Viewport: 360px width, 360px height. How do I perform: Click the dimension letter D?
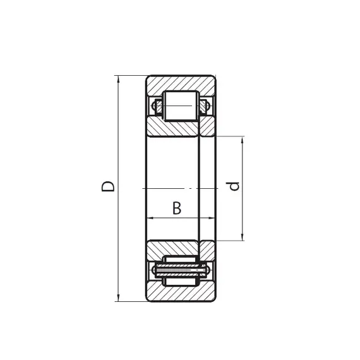coord(107,186)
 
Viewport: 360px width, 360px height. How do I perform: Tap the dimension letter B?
coord(177,208)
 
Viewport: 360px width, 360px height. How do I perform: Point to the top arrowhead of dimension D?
coord(118,79)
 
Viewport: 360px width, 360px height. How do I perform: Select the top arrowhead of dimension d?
coord(242,140)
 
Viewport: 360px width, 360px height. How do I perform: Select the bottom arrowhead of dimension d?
coord(242,237)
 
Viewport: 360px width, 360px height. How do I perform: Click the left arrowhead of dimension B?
coord(150,218)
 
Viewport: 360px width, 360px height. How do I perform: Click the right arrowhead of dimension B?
coord(211,218)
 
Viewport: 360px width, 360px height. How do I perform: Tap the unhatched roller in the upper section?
coord(181,105)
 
